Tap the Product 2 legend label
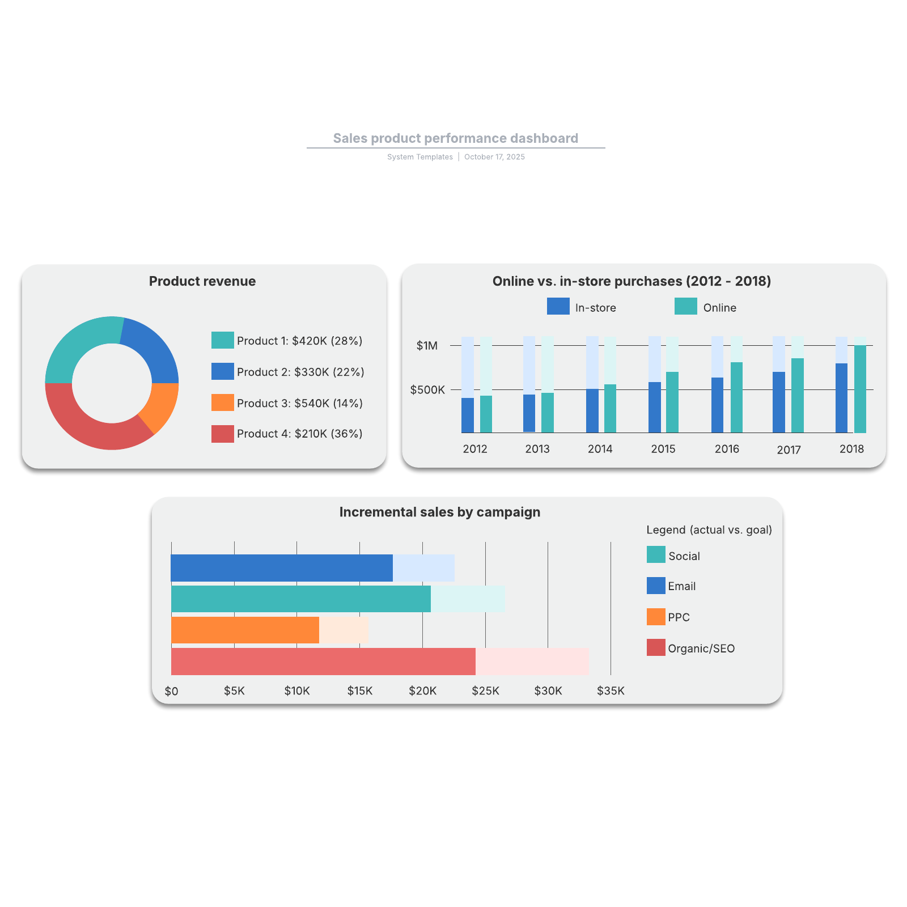coord(300,372)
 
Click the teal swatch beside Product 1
coord(222,340)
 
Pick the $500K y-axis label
coord(427,390)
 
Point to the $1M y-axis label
coord(427,346)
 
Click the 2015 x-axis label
coord(663,449)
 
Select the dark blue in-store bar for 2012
coord(467,415)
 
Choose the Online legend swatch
coord(685,307)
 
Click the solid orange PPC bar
coord(245,630)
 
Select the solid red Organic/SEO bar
coord(323,661)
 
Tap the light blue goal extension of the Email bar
coord(423,568)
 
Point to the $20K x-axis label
coord(422,691)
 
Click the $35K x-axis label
coord(611,691)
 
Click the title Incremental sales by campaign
coord(439,512)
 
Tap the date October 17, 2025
coord(494,157)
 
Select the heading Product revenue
coord(202,282)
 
